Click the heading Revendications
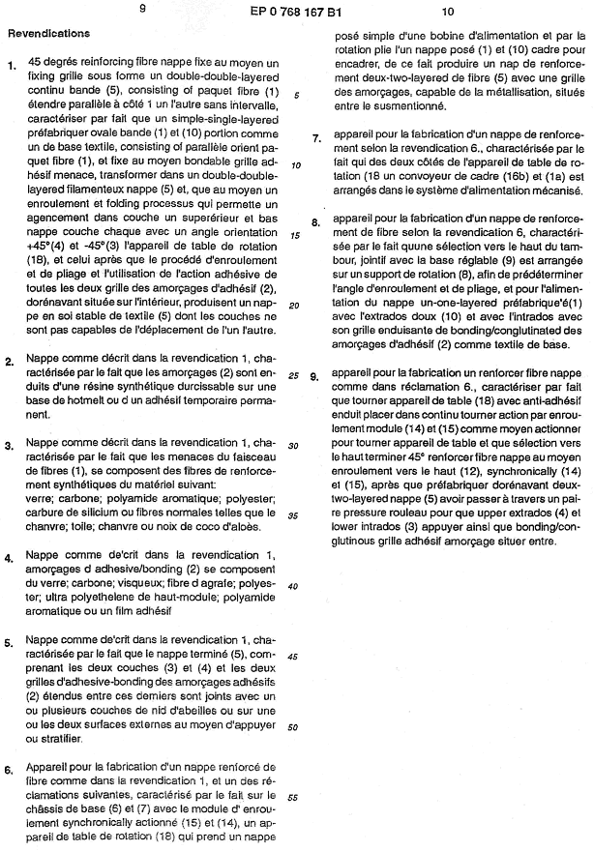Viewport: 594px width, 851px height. click(48, 33)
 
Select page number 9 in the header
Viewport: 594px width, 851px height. click(142, 12)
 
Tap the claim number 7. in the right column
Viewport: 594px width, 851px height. click(316, 138)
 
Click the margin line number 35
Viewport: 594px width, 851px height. click(295, 515)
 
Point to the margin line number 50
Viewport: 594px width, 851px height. click(295, 727)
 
